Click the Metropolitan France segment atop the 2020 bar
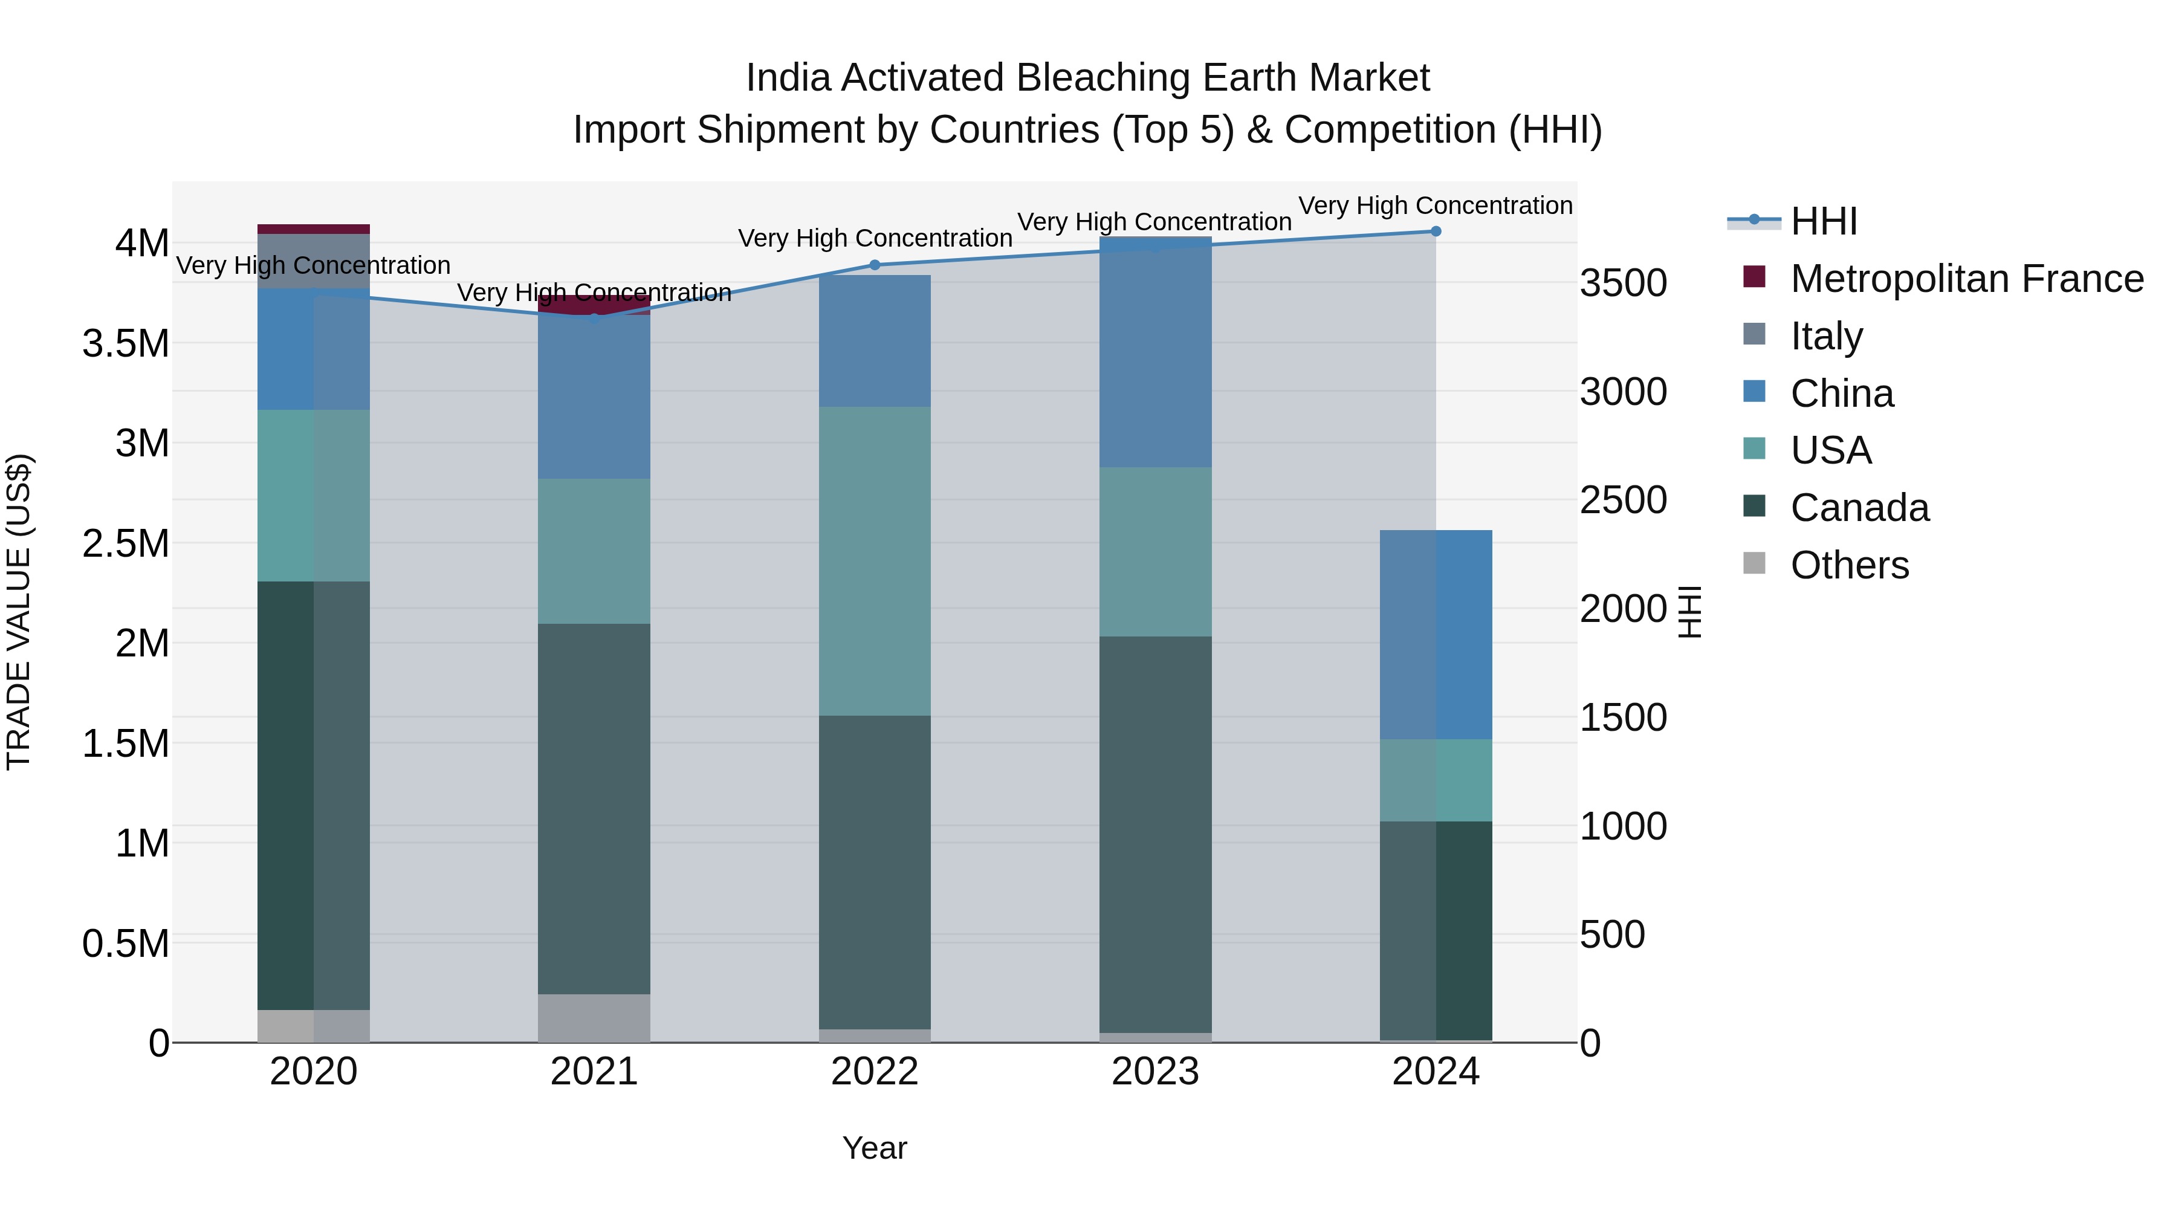click(x=313, y=229)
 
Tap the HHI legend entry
click(x=1823, y=221)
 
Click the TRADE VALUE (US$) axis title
click(x=19, y=612)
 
